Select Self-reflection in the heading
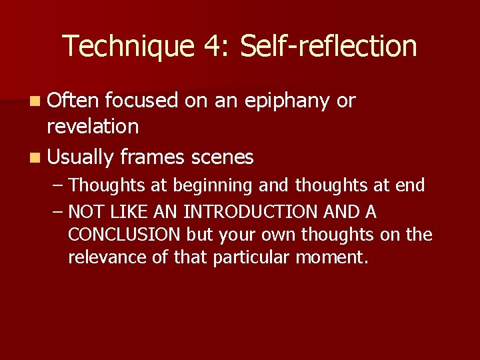[328, 47]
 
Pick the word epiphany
[289, 101]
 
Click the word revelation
[93, 126]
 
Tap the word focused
[141, 101]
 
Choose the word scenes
[221, 157]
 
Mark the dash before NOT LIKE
[59, 212]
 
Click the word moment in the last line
[331, 257]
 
